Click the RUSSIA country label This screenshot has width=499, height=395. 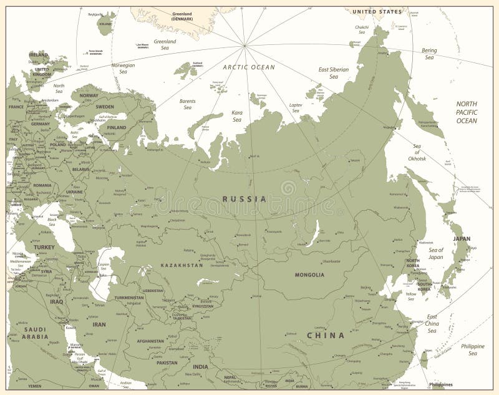[x=245, y=199]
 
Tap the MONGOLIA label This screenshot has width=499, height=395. [x=310, y=275]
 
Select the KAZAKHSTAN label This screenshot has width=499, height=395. [x=182, y=265]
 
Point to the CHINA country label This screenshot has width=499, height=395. [x=325, y=336]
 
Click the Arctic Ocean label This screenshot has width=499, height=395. [x=249, y=67]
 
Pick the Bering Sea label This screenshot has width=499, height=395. [x=429, y=54]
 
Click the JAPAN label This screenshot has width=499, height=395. [x=462, y=238]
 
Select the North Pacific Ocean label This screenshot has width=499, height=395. [x=467, y=112]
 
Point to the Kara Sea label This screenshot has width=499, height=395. [x=237, y=115]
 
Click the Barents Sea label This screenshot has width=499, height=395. [x=188, y=104]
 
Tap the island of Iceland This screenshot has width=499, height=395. [x=107, y=23]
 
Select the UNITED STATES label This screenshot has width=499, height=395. [x=377, y=12]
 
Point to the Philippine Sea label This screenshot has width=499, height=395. [x=473, y=349]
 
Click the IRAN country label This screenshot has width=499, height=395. [x=100, y=324]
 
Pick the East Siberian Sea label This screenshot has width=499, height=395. [x=333, y=73]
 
